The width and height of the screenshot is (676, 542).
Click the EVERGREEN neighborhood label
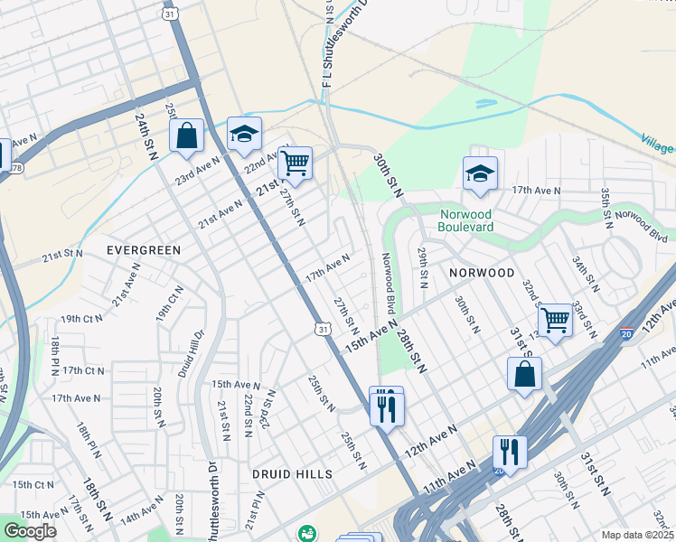[144, 249]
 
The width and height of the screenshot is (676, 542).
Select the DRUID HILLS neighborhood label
[292, 473]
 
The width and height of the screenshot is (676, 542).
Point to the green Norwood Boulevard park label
[466, 220]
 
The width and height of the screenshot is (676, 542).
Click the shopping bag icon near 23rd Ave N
[186, 136]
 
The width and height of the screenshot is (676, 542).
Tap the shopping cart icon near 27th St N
[295, 164]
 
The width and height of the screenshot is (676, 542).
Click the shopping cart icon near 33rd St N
[555, 320]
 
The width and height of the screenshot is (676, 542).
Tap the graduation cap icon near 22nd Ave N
[243, 135]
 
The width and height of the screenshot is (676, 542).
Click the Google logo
[30, 531]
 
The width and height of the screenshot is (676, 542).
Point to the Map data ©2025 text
[638, 535]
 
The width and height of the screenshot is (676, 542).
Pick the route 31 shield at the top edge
[170, 14]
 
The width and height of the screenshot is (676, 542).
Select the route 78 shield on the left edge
[16, 168]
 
